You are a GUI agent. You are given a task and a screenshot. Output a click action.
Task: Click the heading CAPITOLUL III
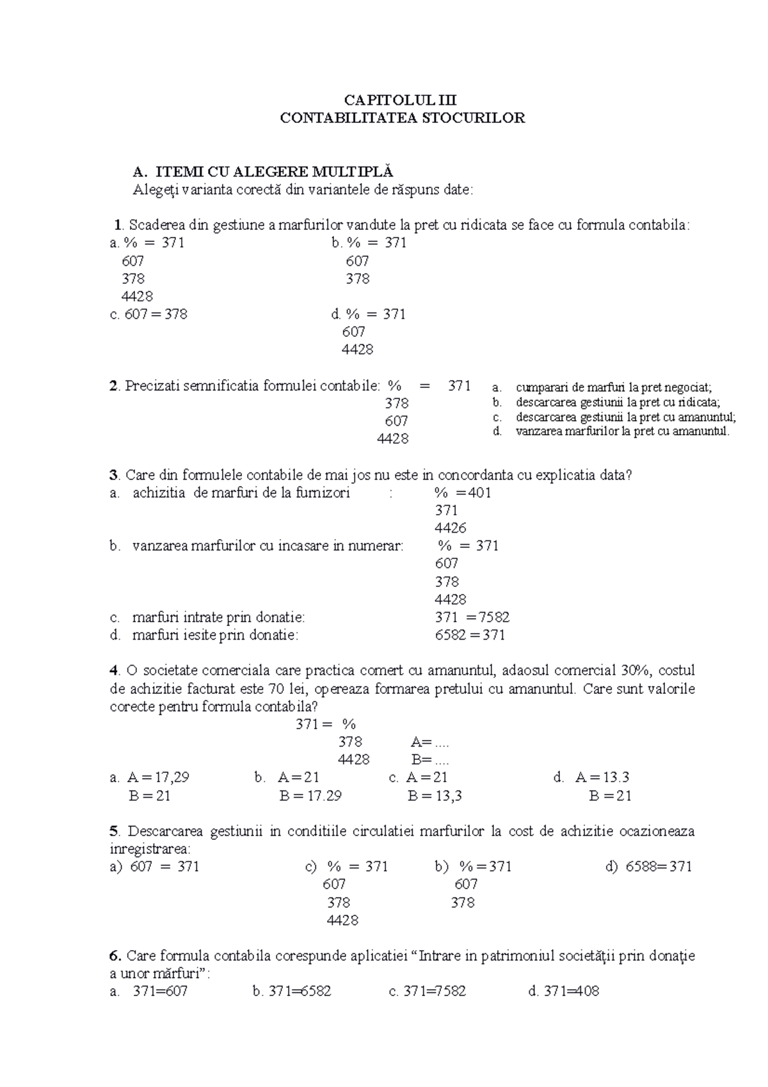(401, 100)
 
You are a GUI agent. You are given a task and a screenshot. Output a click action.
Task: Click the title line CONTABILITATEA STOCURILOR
(403, 118)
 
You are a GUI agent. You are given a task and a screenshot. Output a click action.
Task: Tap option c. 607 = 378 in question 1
(149, 314)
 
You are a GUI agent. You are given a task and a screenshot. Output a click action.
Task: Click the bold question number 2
(114, 386)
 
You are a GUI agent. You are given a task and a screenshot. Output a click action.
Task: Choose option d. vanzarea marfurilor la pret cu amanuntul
(621, 431)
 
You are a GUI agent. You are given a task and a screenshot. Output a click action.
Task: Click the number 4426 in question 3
(450, 528)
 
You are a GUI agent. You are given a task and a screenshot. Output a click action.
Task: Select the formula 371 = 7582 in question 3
(472, 618)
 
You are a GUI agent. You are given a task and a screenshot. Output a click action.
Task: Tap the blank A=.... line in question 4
(430, 743)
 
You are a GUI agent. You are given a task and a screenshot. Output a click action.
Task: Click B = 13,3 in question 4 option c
(435, 796)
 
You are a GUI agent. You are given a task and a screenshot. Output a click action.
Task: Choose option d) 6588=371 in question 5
(648, 867)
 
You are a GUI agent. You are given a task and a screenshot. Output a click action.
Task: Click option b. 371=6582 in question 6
(292, 992)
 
